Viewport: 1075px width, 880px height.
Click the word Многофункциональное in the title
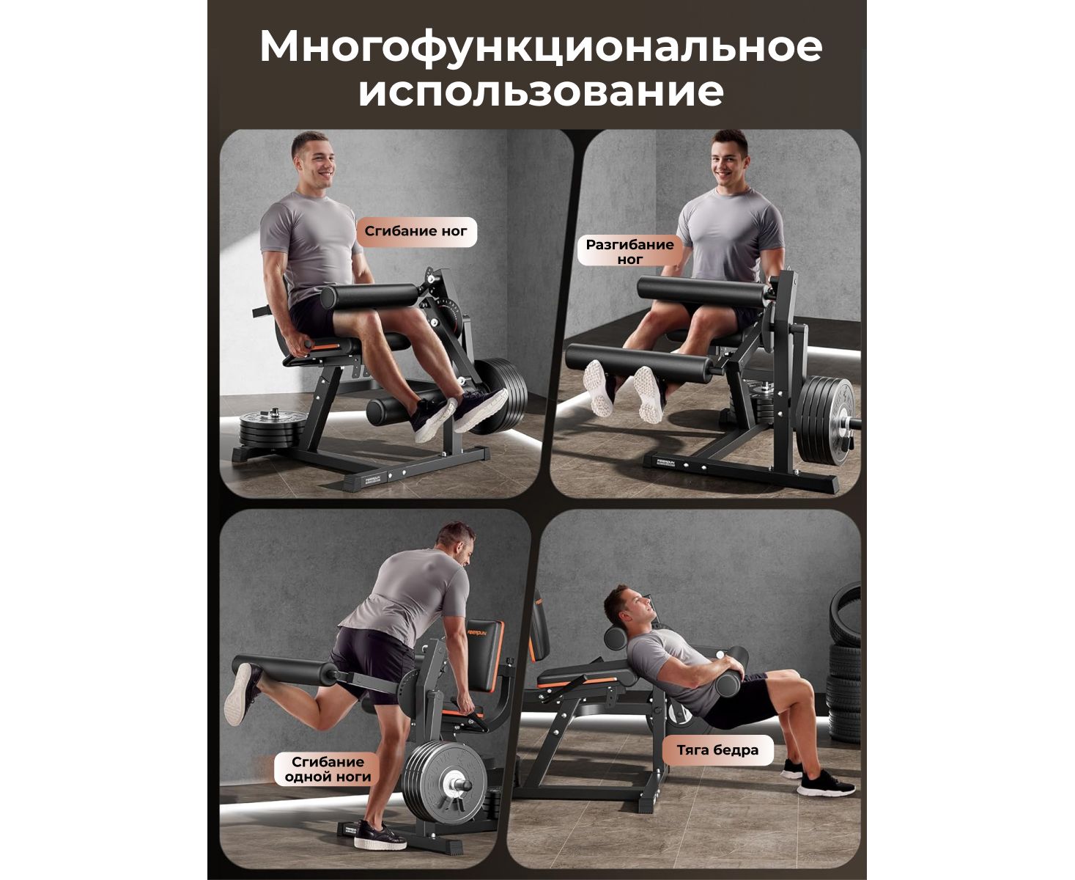coord(541,48)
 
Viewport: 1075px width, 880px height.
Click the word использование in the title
coord(541,92)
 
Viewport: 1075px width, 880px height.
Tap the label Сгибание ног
coord(415,231)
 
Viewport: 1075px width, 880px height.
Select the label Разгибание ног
coord(629,252)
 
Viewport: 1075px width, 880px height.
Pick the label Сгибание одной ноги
coord(328,769)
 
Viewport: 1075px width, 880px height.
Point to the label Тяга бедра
coord(717,750)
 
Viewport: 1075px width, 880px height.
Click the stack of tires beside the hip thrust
coord(843,663)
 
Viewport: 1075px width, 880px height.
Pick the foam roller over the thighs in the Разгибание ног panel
coord(703,291)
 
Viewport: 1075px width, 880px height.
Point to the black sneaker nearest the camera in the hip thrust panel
coord(826,783)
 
